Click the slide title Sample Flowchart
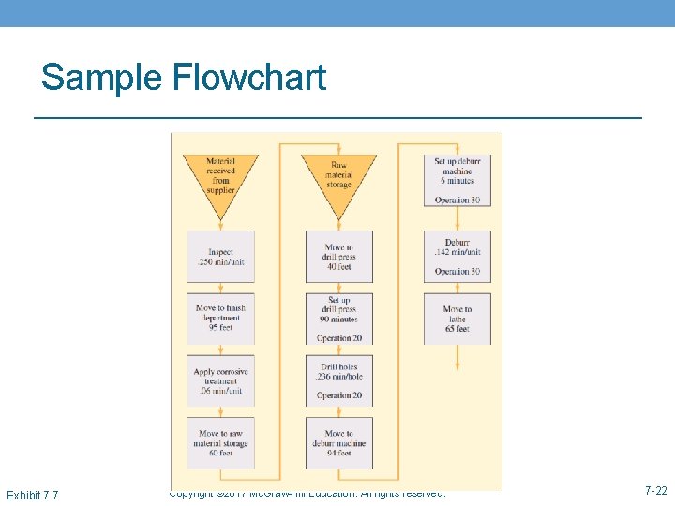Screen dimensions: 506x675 coord(184,77)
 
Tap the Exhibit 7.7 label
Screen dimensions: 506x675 coord(32,495)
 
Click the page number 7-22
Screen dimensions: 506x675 coord(655,491)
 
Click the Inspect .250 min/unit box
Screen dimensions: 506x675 coord(220,257)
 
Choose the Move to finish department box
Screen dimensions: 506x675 coord(220,318)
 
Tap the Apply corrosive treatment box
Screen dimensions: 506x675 coord(220,380)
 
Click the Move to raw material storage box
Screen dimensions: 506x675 coord(220,442)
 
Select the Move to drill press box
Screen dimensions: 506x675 coord(338,257)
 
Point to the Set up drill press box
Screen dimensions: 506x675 coord(338,319)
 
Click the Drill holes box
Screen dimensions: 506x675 coord(338,380)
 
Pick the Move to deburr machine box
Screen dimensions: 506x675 coord(338,442)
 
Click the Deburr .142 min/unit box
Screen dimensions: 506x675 coord(457,257)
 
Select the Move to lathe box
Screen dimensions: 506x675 coord(457,319)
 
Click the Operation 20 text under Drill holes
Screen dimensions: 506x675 coord(338,395)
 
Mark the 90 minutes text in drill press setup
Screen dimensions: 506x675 coord(338,319)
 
